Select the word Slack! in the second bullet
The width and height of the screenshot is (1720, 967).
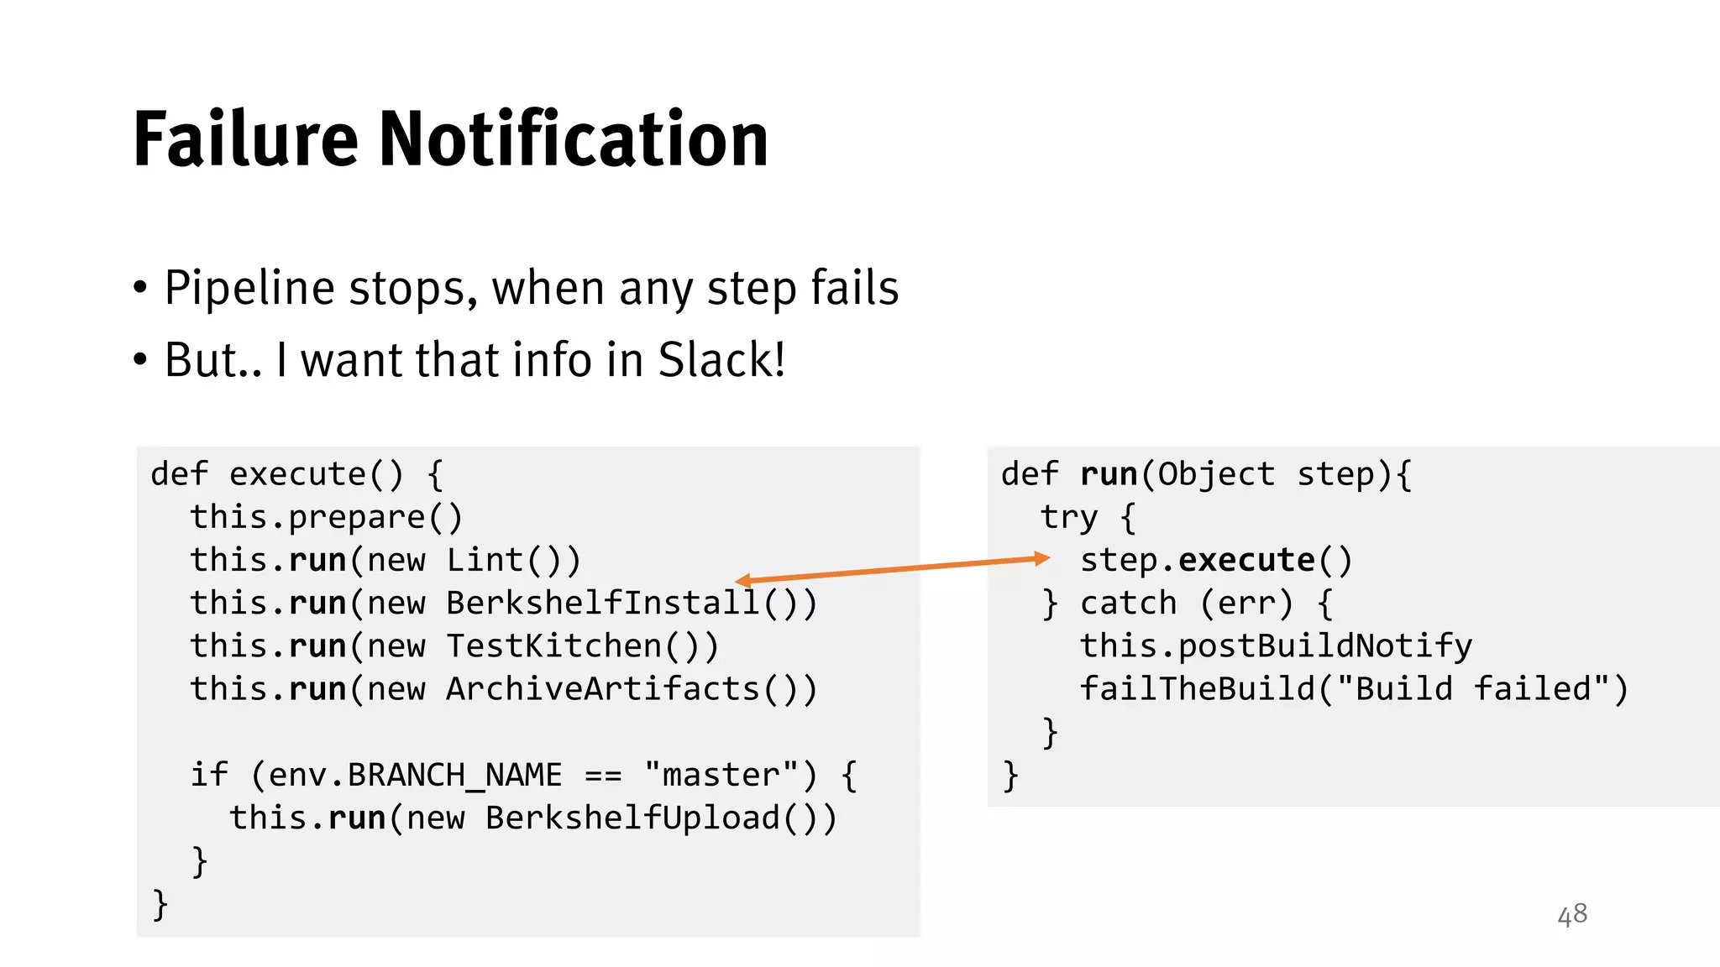coord(721,360)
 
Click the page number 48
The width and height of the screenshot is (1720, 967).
coord(1572,914)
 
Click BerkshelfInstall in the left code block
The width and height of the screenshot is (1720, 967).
coord(603,603)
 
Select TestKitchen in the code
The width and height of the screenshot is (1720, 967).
coord(554,646)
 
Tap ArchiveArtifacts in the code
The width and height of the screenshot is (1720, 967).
coord(603,688)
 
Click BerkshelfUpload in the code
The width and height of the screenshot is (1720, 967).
coord(633,818)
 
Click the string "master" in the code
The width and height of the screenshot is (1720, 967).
coord(721,775)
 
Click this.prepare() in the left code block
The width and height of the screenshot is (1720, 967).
coord(326,517)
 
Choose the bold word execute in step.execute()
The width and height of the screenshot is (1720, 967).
coord(1246,560)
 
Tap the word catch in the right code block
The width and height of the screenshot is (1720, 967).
coord(1128,603)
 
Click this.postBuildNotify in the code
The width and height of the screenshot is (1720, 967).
coord(1276,646)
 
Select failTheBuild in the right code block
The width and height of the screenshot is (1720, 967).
coord(1197,688)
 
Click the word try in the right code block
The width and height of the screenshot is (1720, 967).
coord(1069,517)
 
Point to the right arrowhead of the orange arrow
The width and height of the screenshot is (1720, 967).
coord(1043,558)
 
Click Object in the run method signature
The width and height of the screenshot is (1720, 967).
coord(1216,474)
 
